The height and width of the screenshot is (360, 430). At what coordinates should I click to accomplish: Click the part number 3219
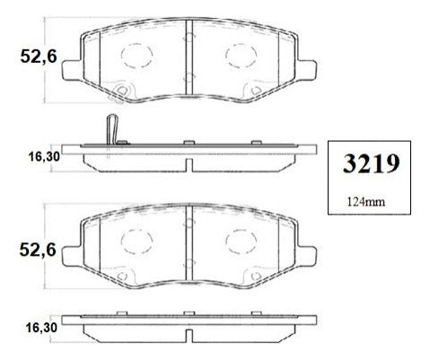point(371,163)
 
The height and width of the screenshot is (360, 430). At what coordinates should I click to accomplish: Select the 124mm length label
point(366,202)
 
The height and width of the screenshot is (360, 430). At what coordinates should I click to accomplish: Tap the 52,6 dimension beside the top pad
point(39,57)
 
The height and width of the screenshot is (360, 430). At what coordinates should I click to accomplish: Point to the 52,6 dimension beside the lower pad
point(38,250)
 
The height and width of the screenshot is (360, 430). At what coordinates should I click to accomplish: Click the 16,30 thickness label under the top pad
point(44,156)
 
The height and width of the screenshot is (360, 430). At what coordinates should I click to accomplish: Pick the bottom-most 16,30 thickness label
point(41,328)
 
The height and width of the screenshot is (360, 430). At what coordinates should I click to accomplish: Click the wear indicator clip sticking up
point(112,129)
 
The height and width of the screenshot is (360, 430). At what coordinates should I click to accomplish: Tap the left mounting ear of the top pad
point(71,70)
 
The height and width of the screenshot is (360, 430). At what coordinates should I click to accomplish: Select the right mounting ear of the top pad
point(307,70)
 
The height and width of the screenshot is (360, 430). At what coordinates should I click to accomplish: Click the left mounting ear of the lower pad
point(71,257)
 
